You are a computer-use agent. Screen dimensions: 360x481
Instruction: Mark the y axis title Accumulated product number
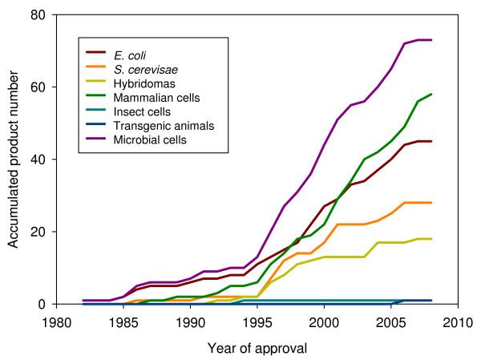[x=13, y=159]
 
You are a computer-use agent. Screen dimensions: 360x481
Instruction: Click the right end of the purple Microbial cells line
[x=432, y=39]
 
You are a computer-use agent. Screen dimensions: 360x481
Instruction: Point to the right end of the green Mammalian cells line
[x=432, y=94]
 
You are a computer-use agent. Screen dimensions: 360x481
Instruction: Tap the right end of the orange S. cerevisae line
[x=432, y=203]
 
